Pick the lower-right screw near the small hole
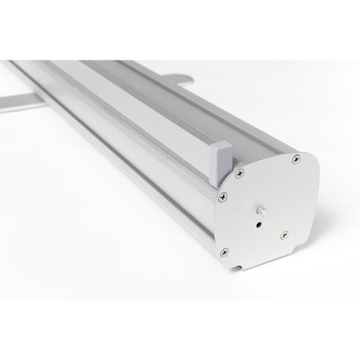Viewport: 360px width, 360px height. [x=284, y=234]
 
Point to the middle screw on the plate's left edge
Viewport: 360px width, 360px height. [x=219, y=194]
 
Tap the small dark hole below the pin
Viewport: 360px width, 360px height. [x=258, y=224]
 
